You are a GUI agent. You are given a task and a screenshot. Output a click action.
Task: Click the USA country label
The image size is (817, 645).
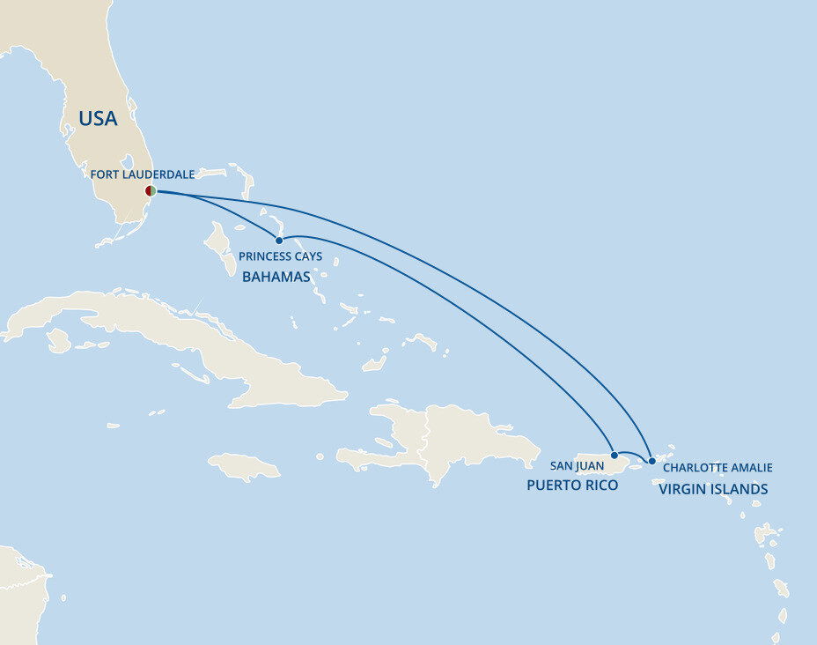[98, 119]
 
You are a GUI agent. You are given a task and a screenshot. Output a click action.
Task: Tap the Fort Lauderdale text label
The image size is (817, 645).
[142, 174]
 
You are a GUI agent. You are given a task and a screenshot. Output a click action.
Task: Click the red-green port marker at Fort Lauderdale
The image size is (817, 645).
[151, 190]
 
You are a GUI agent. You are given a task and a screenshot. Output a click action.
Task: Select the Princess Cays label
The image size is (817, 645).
[279, 256]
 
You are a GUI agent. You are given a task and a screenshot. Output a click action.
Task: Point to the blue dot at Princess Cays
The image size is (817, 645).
[279, 240]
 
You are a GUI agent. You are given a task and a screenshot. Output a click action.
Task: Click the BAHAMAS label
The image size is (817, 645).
[276, 277]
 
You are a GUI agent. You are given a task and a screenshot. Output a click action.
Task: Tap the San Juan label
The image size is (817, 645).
[577, 465]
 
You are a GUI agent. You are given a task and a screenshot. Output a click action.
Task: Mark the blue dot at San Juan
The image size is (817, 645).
[614, 456]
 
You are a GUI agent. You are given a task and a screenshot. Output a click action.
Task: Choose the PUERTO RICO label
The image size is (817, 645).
[573, 486]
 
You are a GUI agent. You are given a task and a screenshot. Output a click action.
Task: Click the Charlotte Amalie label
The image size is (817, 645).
[718, 468]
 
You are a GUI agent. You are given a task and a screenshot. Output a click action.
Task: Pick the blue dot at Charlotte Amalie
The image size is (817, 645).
[651, 460]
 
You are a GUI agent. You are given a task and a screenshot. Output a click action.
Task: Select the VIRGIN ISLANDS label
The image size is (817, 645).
[713, 489]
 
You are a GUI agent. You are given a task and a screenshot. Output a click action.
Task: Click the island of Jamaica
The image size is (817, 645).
[244, 465]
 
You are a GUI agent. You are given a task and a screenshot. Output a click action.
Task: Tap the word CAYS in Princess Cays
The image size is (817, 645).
[305, 256]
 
